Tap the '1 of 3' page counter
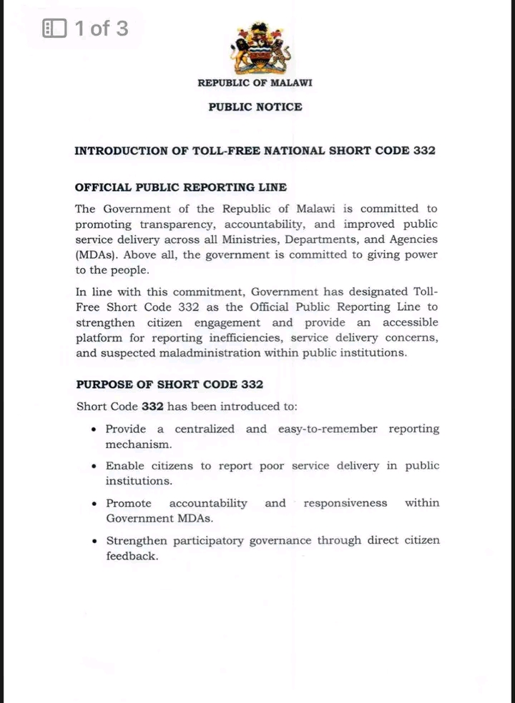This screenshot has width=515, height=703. click(102, 29)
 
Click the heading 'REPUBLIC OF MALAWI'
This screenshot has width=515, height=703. click(255, 83)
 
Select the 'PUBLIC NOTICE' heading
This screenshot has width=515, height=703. click(255, 107)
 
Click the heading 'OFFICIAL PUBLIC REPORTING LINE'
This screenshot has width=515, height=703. click(181, 187)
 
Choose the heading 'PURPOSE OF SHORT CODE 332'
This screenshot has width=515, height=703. click(170, 384)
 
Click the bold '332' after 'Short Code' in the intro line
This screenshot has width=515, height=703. click(153, 407)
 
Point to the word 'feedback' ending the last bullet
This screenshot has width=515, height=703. click(132, 556)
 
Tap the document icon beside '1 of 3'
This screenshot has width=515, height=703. click(54, 29)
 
